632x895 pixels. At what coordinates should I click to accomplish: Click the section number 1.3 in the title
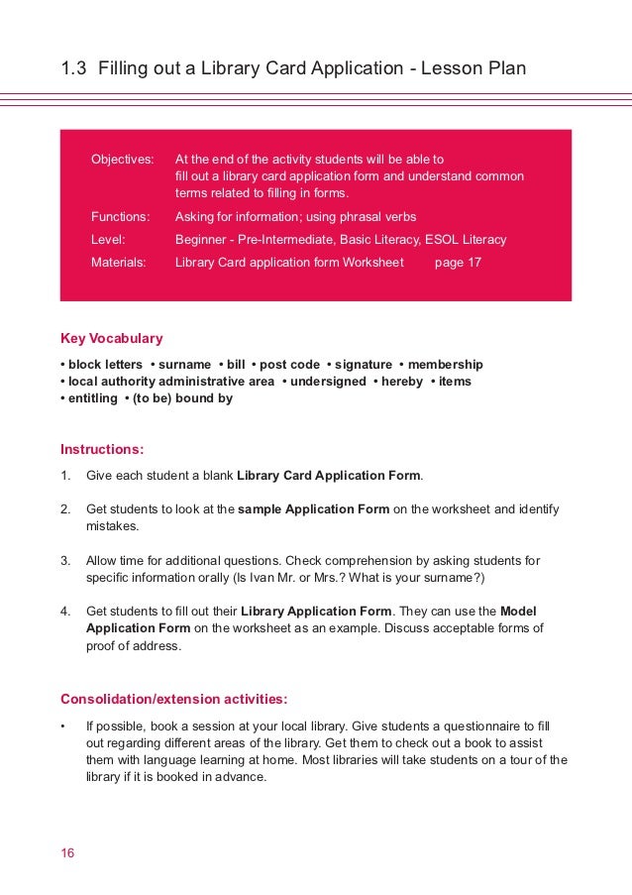click(73, 68)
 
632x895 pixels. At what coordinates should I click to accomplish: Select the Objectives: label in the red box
click(123, 159)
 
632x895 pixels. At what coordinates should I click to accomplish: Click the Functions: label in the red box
click(120, 216)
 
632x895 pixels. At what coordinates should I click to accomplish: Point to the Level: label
click(108, 239)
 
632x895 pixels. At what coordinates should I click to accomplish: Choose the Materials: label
click(119, 263)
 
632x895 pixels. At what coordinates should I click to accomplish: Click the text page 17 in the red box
click(458, 263)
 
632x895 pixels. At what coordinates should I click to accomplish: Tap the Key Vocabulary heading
click(112, 338)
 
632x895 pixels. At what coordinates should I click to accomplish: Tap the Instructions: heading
click(102, 448)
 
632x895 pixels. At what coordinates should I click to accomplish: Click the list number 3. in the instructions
click(65, 561)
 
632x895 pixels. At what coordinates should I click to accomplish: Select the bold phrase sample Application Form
click(314, 509)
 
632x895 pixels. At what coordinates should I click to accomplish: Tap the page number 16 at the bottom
click(67, 853)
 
